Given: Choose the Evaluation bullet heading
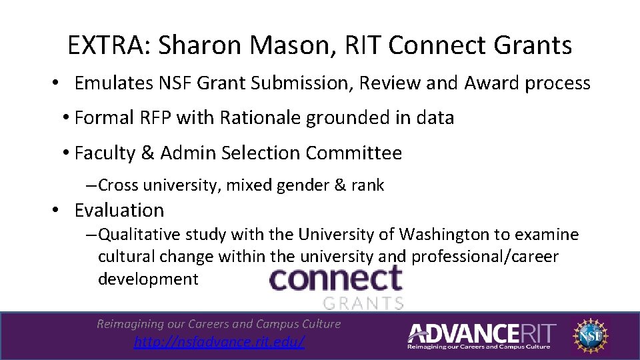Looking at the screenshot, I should pyautogui.click(x=119, y=210).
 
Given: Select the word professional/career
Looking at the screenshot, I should pyautogui.click(x=485, y=257).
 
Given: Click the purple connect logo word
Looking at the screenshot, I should pyautogui.click(x=335, y=279).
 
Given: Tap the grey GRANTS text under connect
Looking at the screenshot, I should pyautogui.click(x=363, y=303).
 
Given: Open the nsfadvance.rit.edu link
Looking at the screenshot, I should pyautogui.click(x=219, y=342).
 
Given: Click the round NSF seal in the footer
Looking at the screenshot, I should pyautogui.click(x=591, y=335).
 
